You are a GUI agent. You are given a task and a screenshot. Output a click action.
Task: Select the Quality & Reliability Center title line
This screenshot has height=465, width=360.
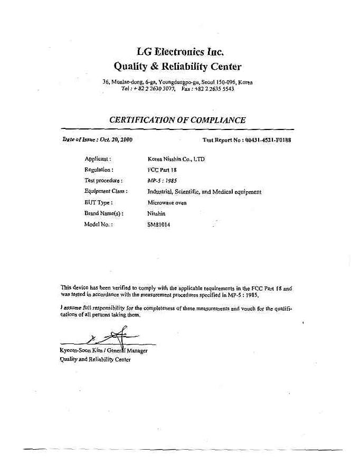point(177,67)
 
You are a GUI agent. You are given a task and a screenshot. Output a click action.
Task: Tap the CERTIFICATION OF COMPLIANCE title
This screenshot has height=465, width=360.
point(177,120)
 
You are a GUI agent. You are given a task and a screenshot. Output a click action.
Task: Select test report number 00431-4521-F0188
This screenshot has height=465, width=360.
point(268,140)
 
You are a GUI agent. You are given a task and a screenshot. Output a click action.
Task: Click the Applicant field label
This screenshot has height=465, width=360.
point(98,159)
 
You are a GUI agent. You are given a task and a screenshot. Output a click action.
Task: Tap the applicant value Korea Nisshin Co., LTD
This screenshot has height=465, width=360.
point(176,159)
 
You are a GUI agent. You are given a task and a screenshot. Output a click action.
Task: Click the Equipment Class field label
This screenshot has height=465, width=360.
point(106,191)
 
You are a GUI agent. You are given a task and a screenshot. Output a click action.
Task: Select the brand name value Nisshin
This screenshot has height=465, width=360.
point(156,213)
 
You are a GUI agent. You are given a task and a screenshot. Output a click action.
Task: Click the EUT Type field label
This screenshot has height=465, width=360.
point(99,202)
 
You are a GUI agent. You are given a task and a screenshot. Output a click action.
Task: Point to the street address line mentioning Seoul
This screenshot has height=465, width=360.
point(177,82)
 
